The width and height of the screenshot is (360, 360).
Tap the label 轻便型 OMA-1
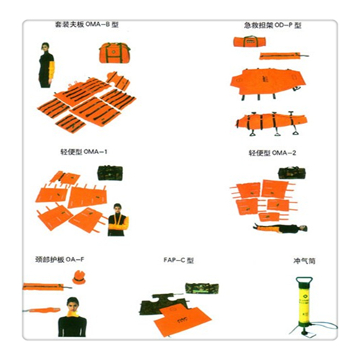click(84, 153)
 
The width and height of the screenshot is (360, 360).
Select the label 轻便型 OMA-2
click(272, 153)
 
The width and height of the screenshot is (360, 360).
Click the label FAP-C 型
click(180, 260)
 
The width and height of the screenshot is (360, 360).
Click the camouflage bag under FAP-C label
click(197, 289)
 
